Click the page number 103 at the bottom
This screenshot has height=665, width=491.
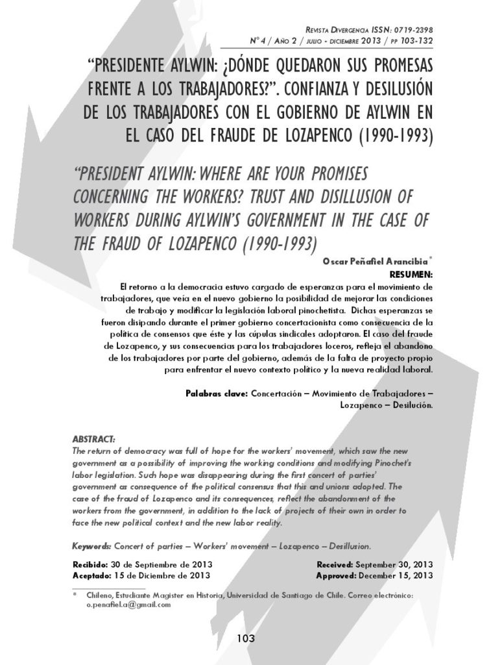(245, 638)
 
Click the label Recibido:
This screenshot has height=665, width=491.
(90, 565)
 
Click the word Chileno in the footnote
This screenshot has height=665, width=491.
(97, 595)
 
